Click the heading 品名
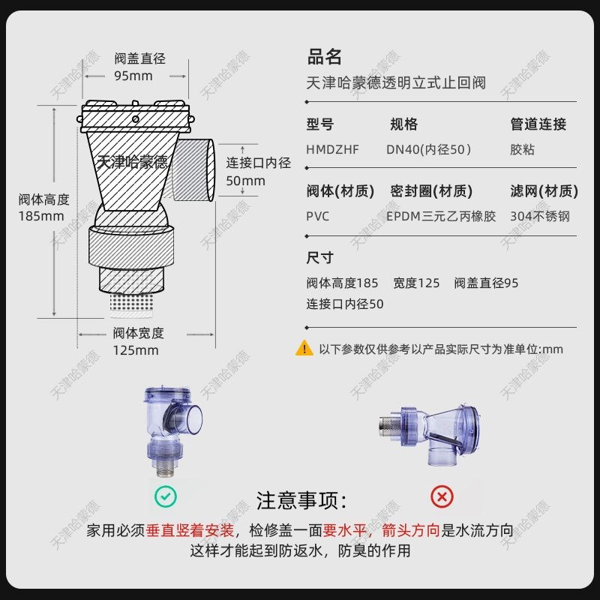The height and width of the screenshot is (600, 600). pos(324,57)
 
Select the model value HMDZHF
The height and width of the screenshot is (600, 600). pos(332,149)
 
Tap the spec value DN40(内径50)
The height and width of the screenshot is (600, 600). pos(428,149)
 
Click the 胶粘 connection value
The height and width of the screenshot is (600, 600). pos(522,149)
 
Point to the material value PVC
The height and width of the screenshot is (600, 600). pos(318,216)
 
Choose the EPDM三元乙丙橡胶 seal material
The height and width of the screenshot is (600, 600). pos(441,216)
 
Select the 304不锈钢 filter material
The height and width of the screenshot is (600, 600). pos(539,216)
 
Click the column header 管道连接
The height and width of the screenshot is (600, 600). pos(538,124)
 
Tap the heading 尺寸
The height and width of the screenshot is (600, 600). pos(319,258)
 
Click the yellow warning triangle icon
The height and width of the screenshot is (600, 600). pos(304,348)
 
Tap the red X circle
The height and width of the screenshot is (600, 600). pos(442,496)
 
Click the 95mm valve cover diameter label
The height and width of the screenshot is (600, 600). pos(133,76)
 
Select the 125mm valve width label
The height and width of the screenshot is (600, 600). pos(136,350)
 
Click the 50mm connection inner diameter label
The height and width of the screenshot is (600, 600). pos(245,181)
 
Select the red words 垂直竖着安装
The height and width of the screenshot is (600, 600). pos(191,530)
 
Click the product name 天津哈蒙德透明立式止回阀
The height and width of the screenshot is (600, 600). pos(396,82)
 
